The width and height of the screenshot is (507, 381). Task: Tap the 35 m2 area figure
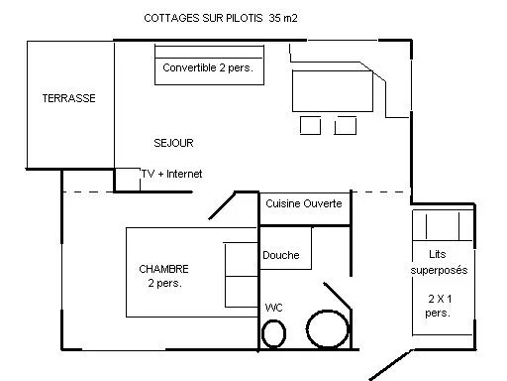tap(282, 18)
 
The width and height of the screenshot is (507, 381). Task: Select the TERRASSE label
tap(68, 98)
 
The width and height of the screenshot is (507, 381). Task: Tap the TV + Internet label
tap(172, 174)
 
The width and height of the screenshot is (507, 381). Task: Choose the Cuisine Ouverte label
tap(304, 203)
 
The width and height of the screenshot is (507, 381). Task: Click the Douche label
tap(281, 255)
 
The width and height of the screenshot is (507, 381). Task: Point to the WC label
tap(273, 308)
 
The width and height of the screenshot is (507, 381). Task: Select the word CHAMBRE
tap(163, 268)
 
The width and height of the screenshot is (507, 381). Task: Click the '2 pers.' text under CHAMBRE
tap(163, 283)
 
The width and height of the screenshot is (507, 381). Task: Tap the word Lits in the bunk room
tap(438, 254)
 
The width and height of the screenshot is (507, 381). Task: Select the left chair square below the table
tap(310, 125)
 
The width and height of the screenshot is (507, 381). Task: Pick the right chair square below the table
tap(345, 125)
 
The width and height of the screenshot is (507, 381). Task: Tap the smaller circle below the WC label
tap(273, 333)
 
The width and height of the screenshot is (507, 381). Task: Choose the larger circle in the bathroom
tap(325, 329)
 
